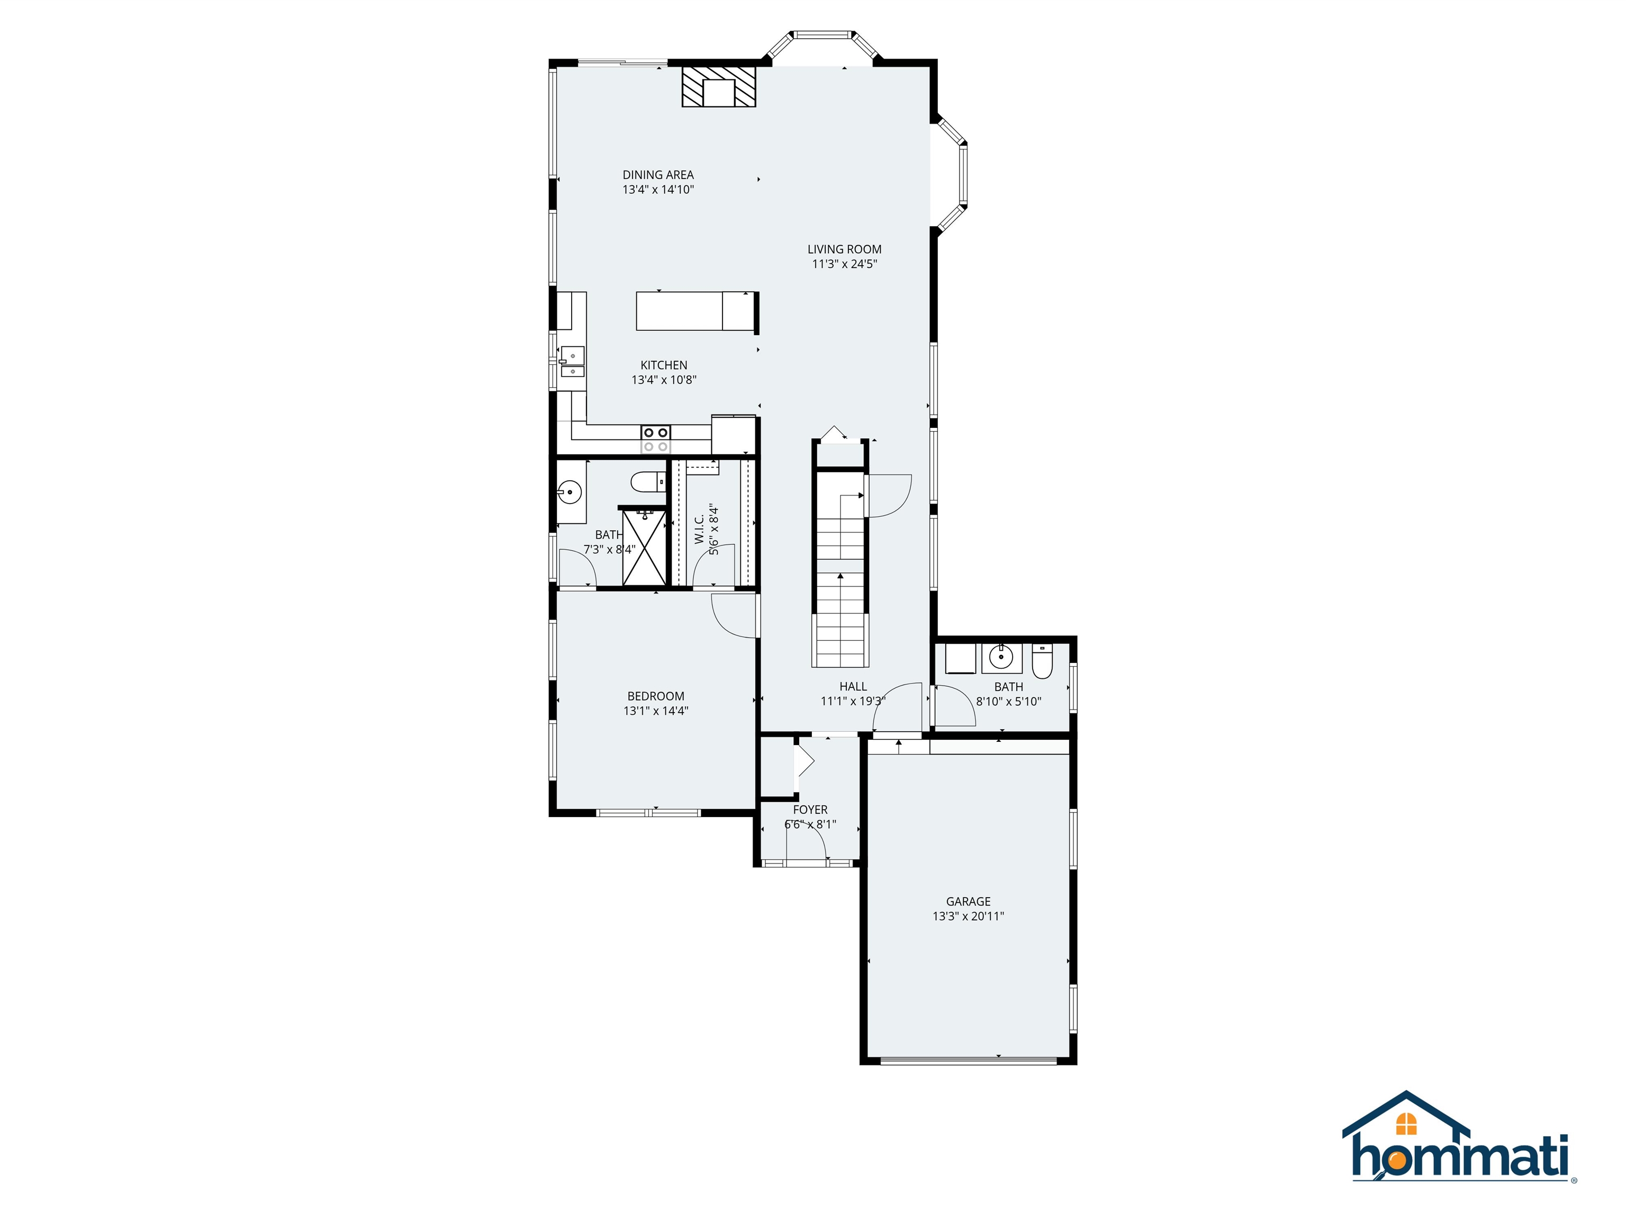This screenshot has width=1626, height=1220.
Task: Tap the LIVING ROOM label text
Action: click(844, 249)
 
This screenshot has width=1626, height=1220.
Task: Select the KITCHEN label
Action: click(664, 365)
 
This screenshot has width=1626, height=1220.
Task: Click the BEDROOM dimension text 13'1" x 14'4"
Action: click(656, 711)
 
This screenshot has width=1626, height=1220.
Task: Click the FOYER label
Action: click(810, 810)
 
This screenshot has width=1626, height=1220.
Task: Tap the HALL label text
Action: click(853, 687)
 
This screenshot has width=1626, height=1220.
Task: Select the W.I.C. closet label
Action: click(699, 530)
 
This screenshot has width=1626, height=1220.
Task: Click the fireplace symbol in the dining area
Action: click(718, 87)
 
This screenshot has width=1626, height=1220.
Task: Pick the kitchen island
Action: click(695, 311)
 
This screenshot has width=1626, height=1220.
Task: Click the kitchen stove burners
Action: click(656, 439)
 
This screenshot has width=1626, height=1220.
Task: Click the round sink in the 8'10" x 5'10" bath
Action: click(1000, 655)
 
